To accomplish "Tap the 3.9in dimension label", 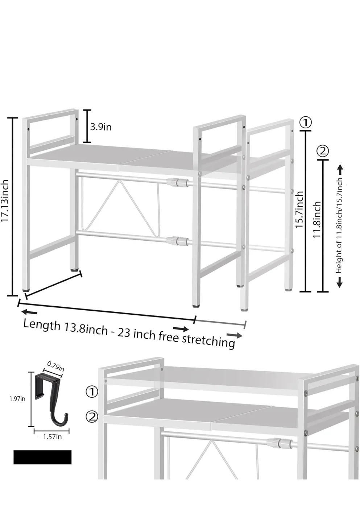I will coord(101,127).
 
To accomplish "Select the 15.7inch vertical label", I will coord(299,210).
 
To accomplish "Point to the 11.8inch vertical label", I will coord(317,220).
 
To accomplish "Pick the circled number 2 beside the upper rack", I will coord(323,150).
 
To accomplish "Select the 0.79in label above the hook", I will coord(56,366).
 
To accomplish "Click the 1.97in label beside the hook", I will coord(17,399).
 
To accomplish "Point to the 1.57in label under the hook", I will coord(52,436).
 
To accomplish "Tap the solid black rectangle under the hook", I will coord(42,457).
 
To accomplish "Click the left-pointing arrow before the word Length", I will coord(29,312).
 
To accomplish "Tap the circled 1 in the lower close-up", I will coord(92,391).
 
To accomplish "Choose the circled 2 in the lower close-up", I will coord(92,417).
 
